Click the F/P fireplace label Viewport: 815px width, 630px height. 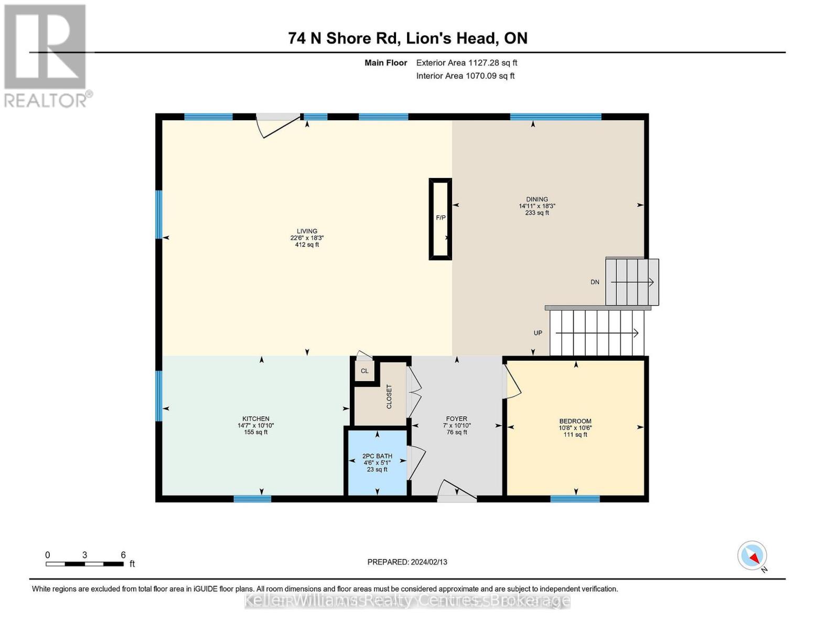pyautogui.click(x=441, y=218)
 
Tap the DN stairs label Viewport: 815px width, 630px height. pyautogui.click(x=595, y=282)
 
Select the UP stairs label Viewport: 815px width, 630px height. pyautogui.click(x=538, y=333)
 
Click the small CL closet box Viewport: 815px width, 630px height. pyautogui.click(x=364, y=371)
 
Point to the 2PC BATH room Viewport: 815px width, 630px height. pyautogui.click(x=377, y=463)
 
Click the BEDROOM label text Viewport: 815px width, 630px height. pyautogui.click(x=575, y=421)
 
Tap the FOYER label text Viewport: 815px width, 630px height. pyautogui.click(x=456, y=418)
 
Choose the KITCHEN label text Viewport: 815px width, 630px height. pyautogui.click(x=256, y=418)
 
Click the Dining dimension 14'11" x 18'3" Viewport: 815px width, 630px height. pyautogui.click(x=537, y=206)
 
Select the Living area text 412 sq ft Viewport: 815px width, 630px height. pyautogui.click(x=307, y=245)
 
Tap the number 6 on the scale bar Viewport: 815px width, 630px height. pyautogui.click(x=123, y=555)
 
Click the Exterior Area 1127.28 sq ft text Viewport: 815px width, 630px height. pyautogui.click(x=467, y=62)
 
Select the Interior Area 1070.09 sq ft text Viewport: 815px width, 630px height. pyautogui.click(x=465, y=76)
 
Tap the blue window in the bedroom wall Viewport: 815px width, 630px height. pyautogui.click(x=575, y=499)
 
